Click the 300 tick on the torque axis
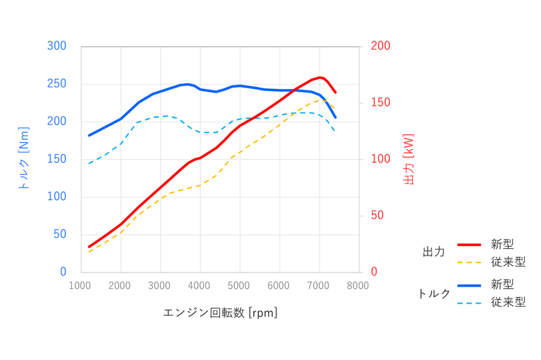click(58, 46)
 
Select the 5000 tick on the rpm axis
click(239, 286)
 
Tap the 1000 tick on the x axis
click(80, 286)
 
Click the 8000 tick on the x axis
click(359, 286)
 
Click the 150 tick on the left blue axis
click(58, 159)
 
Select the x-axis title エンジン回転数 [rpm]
click(219, 313)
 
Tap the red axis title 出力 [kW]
click(408, 159)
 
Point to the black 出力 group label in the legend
click(433, 253)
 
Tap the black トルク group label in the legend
click(434, 293)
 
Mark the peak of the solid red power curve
click(320, 77)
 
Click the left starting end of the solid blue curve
click(89, 136)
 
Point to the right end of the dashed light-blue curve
click(335, 132)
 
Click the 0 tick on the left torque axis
click(64, 272)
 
